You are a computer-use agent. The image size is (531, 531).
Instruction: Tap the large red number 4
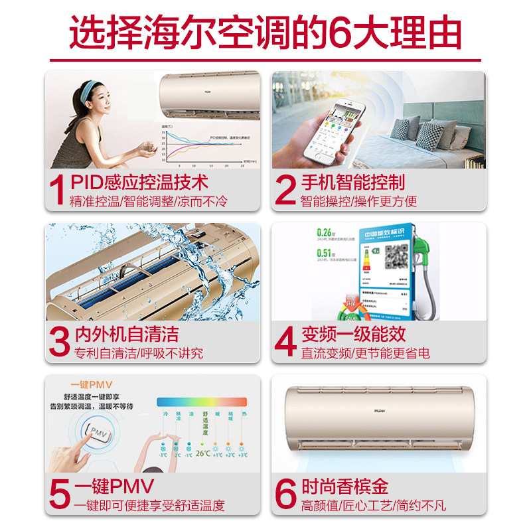pos(285,341)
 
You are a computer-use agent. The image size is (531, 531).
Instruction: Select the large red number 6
pos(285,494)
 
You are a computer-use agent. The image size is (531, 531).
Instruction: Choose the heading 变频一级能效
pos(352,334)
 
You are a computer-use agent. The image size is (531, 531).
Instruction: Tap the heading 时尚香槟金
pos(345,486)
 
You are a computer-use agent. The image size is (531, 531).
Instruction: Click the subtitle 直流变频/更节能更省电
pos(366,353)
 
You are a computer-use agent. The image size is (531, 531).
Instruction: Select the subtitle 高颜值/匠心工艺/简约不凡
pos(373,505)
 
